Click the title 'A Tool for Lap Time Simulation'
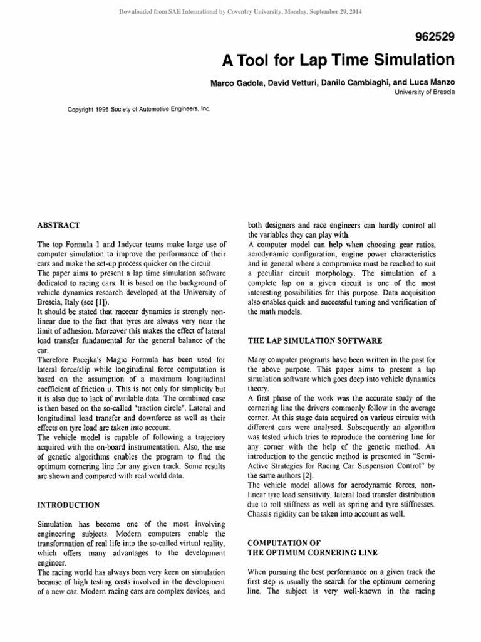tap(338, 60)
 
